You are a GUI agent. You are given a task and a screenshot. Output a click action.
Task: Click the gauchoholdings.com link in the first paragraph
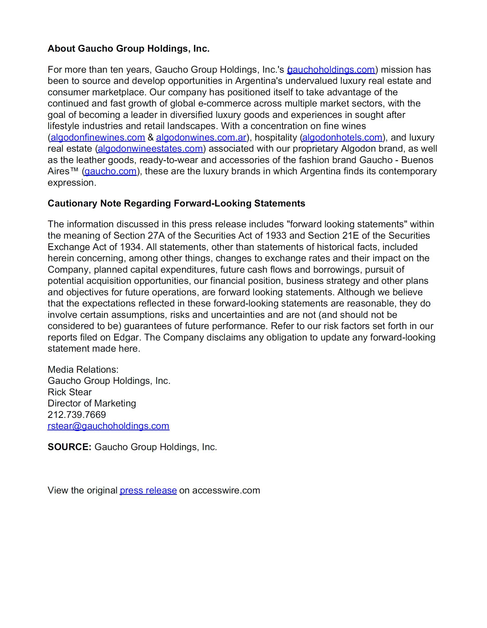pos(331,70)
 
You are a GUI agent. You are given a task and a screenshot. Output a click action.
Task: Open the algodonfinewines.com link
pos(98,137)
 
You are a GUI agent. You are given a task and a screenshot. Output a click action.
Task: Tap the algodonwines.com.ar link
pos(201,137)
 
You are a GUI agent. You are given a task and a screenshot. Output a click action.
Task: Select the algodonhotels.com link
pos(342,137)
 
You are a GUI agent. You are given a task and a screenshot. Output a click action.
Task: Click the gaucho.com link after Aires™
pos(110,171)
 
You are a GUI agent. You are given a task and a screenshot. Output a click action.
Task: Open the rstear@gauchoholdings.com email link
pos(108,426)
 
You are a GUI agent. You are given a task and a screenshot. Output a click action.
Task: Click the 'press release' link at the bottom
pos(148,490)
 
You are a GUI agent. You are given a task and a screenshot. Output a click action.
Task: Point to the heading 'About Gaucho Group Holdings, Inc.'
pos(129,49)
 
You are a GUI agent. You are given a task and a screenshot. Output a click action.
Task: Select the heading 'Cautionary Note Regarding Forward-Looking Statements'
pos(176,203)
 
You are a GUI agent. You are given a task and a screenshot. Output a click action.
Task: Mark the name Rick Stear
pos(70,392)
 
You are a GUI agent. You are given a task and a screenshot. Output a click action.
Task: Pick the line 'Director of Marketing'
pos(92,403)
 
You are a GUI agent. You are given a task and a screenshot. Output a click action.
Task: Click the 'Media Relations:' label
pos(83,370)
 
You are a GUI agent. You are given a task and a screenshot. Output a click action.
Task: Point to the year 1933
pos(276,236)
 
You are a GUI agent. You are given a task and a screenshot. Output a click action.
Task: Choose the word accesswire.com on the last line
pos(226,490)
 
